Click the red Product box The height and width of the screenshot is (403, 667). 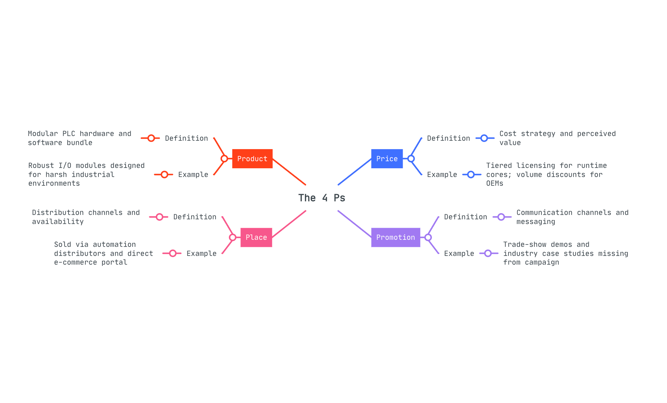point(252,159)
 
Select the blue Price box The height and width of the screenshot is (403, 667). point(387,159)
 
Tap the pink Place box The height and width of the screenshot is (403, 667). point(256,237)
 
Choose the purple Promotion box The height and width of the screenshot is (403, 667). point(395,237)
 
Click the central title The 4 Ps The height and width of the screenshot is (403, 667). point(322,198)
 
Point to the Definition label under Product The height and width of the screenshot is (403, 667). point(186,138)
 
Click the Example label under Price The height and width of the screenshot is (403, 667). point(442,175)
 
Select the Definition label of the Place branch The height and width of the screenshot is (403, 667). point(195,217)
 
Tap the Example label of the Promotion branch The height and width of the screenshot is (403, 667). point(459,254)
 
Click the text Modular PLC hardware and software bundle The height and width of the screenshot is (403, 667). point(80,138)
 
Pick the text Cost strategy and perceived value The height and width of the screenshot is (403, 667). point(558,138)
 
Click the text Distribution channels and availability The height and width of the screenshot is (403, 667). point(86,217)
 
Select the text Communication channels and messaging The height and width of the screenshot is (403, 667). point(572,217)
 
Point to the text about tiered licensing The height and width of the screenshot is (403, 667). point(546,174)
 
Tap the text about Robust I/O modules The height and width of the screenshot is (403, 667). point(86,174)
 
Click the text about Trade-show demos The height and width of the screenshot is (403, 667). point(566,253)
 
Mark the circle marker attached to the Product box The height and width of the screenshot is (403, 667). point(224,159)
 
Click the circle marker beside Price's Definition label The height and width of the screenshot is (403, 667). point(484,138)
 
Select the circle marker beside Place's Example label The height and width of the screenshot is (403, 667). point(173,253)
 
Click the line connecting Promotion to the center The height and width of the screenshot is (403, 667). point(354,224)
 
